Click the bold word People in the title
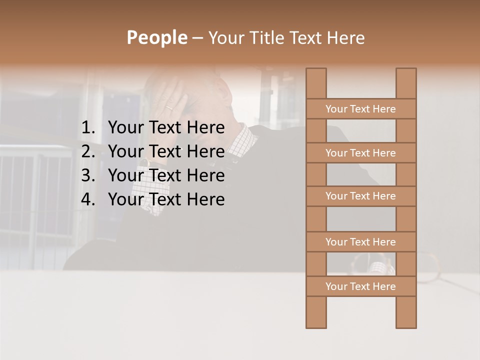click(x=156, y=37)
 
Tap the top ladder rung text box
click(x=361, y=109)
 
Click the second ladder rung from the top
click(x=361, y=153)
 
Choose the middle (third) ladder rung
click(x=361, y=196)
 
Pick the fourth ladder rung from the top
click(x=361, y=242)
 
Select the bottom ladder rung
click(x=361, y=286)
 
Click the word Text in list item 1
click(x=164, y=128)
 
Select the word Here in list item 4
click(x=205, y=199)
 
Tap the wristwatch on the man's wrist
click(x=145, y=162)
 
